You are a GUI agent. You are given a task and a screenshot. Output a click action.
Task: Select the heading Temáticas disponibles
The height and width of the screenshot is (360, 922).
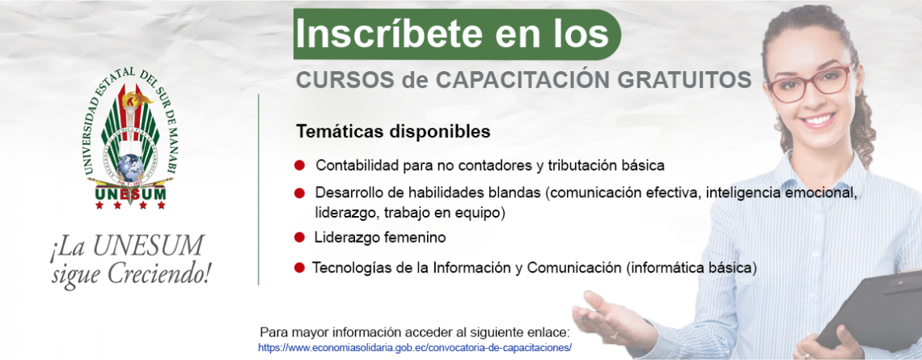393,132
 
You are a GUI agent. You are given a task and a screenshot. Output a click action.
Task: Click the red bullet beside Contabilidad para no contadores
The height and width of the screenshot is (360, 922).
300,165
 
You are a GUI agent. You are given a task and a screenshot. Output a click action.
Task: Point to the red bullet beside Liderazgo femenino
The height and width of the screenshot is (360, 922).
300,238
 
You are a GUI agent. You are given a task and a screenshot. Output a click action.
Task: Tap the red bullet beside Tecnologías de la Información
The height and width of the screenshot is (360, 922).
300,268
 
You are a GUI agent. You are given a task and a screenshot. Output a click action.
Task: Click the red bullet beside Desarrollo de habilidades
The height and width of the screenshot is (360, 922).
300,193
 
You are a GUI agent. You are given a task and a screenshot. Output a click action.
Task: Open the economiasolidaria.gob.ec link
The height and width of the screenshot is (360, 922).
415,347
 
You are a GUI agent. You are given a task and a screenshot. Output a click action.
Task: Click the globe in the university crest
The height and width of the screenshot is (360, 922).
130,167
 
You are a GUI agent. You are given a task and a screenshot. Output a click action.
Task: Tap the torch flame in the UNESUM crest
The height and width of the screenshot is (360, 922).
134,98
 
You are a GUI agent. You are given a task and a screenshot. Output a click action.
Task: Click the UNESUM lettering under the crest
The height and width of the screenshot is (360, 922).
130,193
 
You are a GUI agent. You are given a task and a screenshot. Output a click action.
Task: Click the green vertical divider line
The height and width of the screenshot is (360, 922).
259,189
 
